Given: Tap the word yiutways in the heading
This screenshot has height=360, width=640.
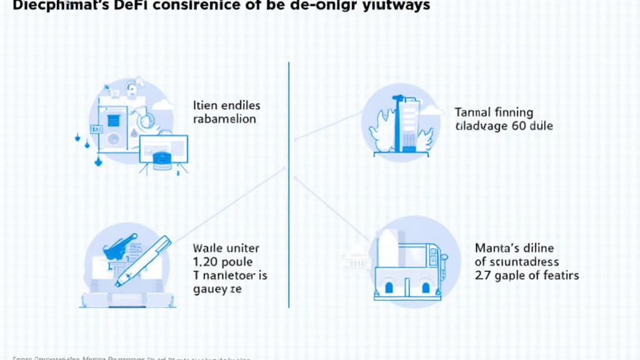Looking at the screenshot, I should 396,6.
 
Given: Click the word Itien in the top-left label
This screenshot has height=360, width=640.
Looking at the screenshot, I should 206,105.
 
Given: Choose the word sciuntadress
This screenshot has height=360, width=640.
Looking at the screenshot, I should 523,262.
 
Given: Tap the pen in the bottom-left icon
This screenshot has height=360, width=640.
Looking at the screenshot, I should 143,261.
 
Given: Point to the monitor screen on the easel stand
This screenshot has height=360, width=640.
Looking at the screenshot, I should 164,150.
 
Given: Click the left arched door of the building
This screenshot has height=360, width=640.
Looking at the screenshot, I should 389,287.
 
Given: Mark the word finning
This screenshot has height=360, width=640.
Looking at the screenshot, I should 514,112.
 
